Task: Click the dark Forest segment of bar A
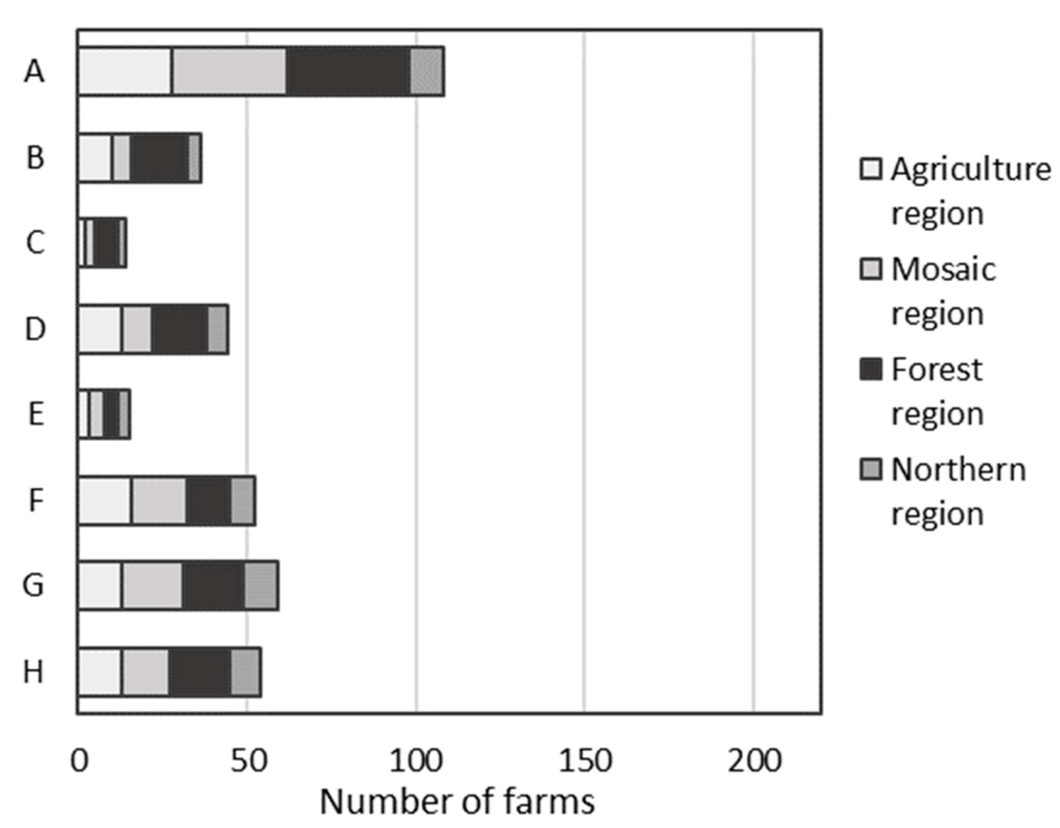[349, 72]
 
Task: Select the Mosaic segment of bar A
[230, 72]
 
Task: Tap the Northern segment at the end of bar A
[427, 72]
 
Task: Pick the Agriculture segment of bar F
[105, 500]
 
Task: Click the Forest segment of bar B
[160, 158]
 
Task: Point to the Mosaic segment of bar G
[152, 585]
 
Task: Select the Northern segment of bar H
[246, 672]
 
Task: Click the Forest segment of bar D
[180, 329]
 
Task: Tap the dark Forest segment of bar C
[107, 243]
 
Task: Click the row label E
[35, 415]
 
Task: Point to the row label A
[35, 72]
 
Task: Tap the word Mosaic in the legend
[943, 269]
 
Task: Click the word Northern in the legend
[958, 469]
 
